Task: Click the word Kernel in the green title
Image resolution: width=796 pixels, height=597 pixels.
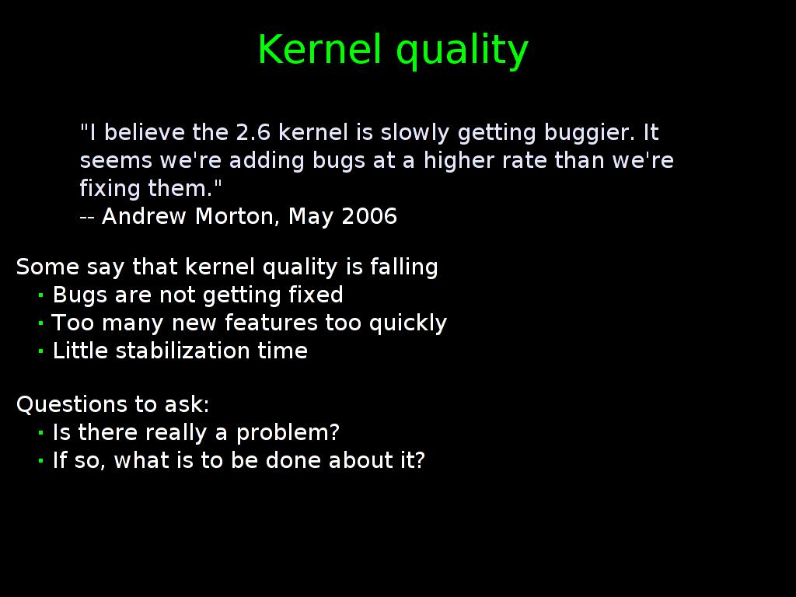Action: tap(319, 49)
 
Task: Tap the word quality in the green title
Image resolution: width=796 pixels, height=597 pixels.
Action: tap(462, 51)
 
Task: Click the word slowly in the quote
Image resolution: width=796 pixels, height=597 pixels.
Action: tap(415, 134)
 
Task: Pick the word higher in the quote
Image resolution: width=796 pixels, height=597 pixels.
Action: tap(459, 162)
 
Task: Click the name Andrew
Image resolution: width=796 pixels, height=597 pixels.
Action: tap(144, 216)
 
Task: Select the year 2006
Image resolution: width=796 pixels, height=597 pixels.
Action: tap(369, 216)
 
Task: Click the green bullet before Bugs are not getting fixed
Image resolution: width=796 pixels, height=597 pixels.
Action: tap(40, 295)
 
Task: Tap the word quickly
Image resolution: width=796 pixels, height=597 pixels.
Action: tap(408, 324)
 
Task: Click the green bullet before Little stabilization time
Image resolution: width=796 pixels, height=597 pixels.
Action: tap(40, 351)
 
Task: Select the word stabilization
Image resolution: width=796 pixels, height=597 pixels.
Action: tap(183, 351)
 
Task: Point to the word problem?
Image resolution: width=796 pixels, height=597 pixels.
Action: tap(288, 434)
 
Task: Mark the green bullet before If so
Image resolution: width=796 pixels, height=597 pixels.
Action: tap(40, 461)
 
